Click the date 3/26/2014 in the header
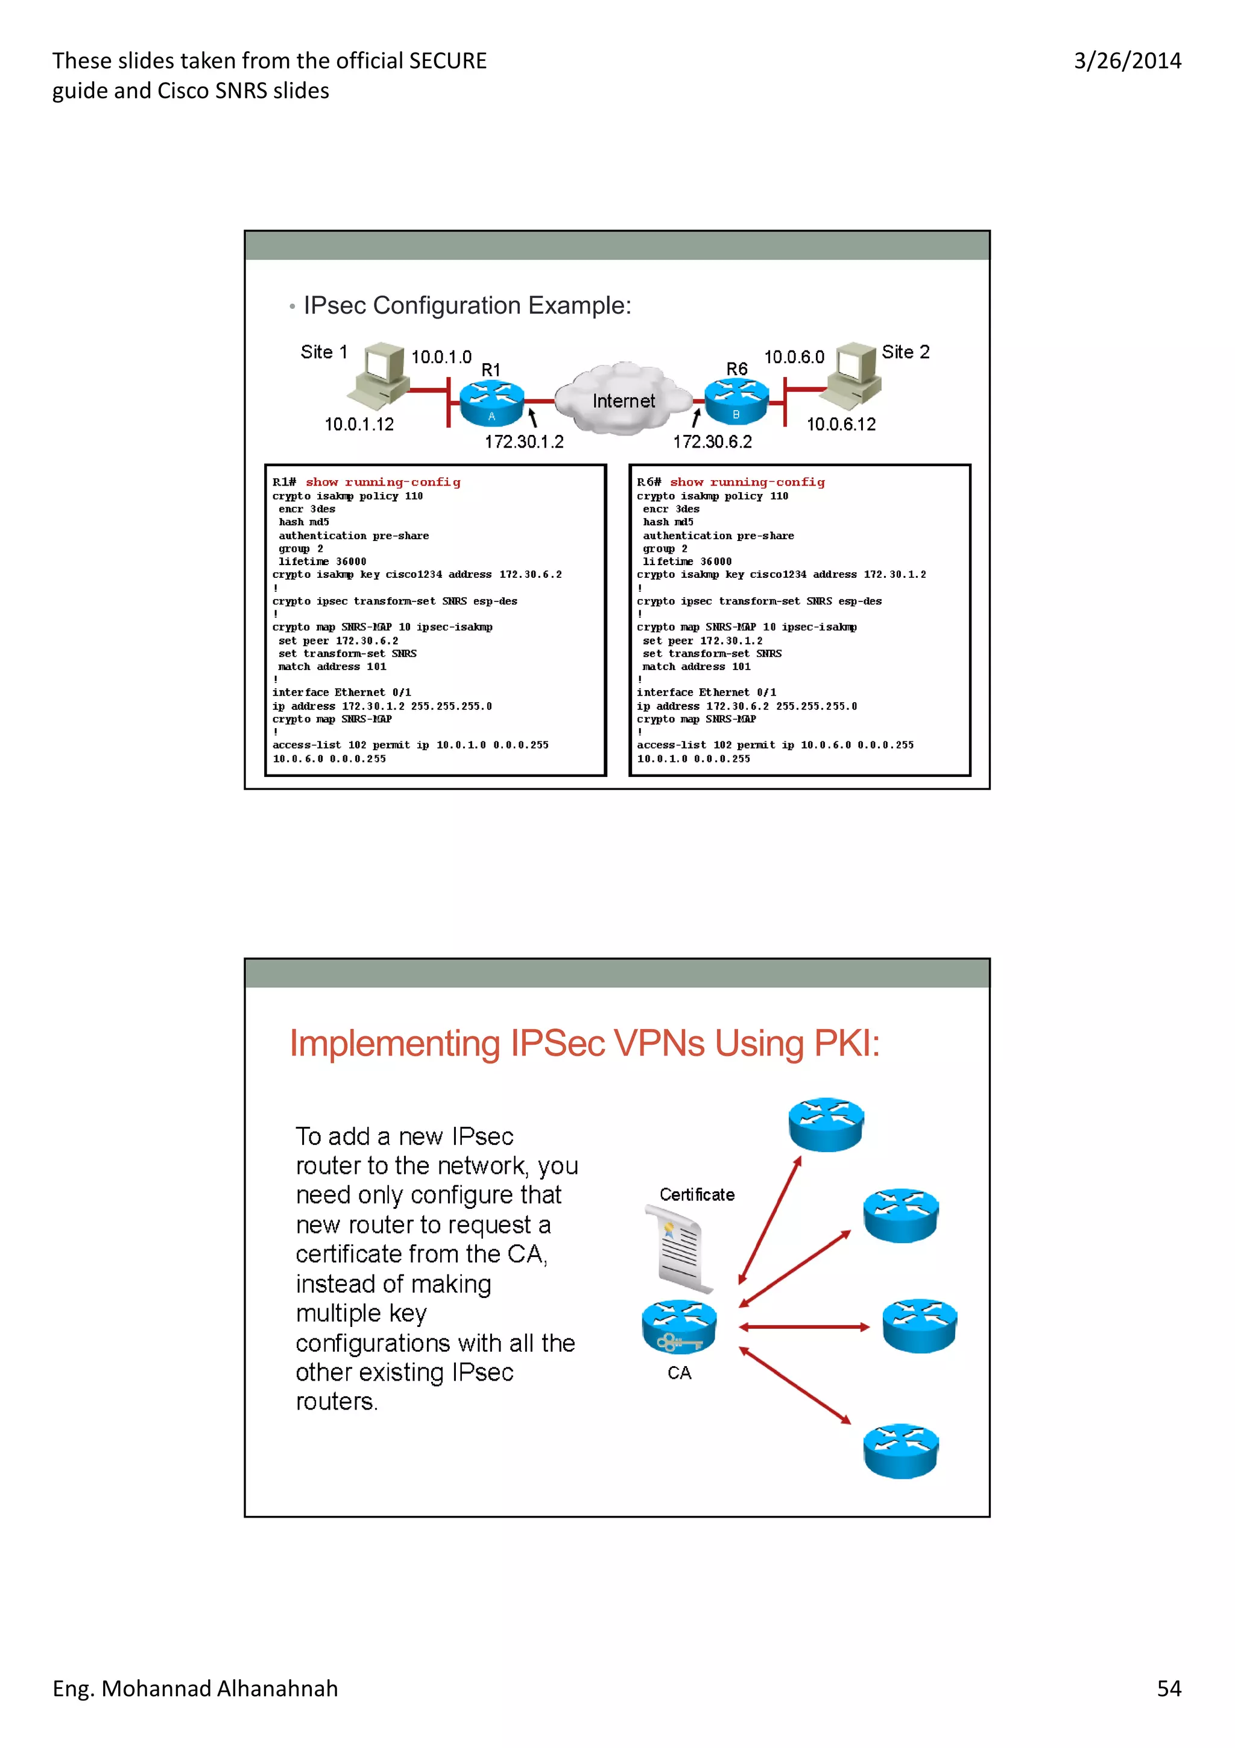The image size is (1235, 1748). tap(1127, 61)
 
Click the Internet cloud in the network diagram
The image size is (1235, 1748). tap(622, 399)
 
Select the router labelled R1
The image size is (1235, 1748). tap(491, 402)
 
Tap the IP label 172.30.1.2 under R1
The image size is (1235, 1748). tap(524, 442)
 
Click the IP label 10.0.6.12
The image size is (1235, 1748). tap(841, 424)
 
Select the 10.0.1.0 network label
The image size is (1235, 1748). tap(441, 357)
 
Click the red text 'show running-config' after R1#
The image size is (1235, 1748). tap(383, 482)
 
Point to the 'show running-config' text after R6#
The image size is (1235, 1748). tap(747, 482)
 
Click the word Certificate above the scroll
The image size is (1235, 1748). tap(697, 1194)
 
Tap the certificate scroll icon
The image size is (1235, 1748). tap(680, 1249)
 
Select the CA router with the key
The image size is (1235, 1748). tap(679, 1326)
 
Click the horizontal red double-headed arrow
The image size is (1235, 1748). tap(804, 1327)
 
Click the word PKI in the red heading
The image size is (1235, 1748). tap(846, 1043)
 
